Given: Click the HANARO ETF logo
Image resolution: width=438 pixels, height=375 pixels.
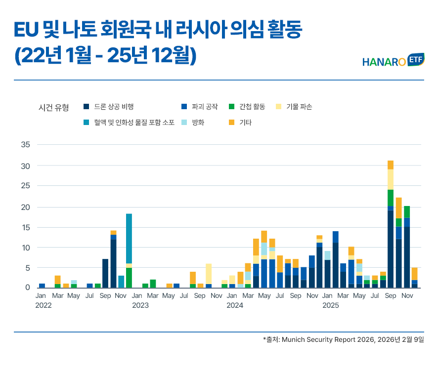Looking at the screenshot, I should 393,61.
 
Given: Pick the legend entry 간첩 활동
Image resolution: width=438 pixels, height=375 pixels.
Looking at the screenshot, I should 252,106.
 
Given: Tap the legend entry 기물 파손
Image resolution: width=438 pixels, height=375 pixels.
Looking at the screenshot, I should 299,106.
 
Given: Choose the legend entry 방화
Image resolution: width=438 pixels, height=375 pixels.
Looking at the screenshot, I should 198,122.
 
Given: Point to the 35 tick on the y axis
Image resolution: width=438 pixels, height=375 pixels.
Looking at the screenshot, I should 26,145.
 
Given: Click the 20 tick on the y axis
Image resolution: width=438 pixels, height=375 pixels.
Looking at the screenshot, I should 26,207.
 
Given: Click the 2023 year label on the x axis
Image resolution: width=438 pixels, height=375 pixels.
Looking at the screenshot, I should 140,305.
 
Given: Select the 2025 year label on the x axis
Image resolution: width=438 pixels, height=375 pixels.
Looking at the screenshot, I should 331,305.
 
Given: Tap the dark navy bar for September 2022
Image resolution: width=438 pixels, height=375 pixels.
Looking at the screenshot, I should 105,273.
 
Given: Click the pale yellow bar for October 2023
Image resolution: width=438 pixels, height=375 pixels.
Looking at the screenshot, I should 209,274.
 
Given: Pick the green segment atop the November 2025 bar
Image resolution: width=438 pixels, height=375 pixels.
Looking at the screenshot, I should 406,212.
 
